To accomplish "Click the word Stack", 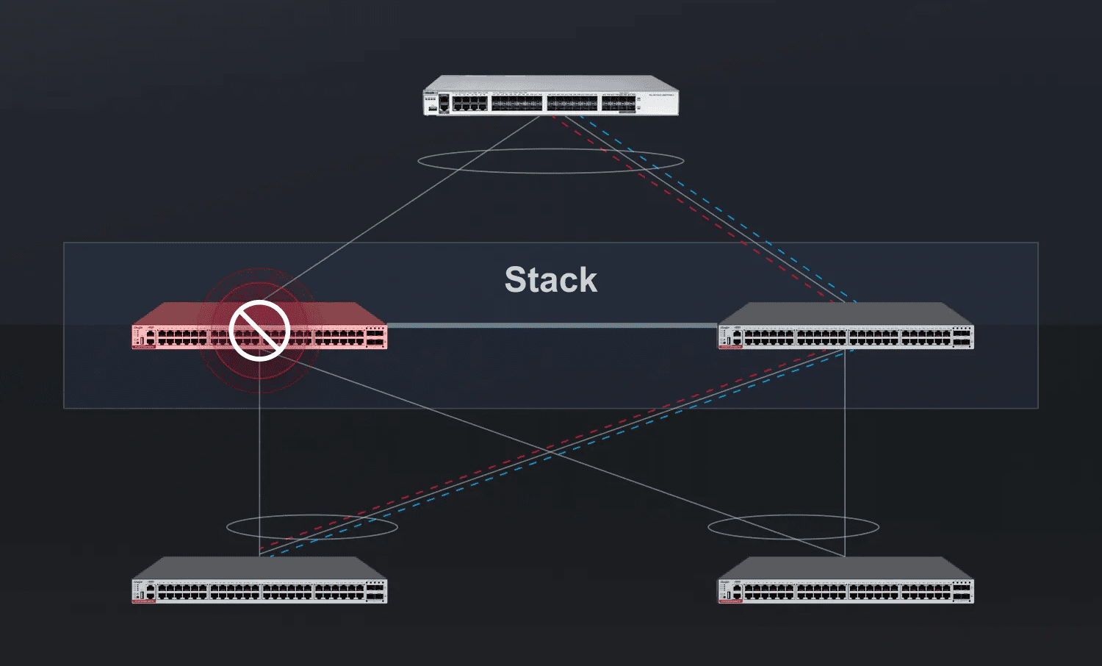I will [x=551, y=280].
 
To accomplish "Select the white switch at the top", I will [x=551, y=96].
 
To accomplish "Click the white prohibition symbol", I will [x=259, y=331].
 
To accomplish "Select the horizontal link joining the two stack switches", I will [x=551, y=325].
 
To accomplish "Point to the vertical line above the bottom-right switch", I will [x=845, y=456].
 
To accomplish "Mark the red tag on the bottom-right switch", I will [x=730, y=601].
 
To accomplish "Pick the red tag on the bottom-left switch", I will [x=144, y=601].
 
